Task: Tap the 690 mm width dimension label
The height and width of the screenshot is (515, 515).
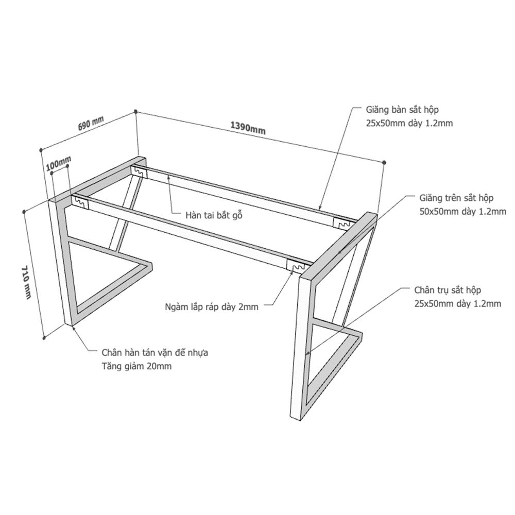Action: (x=91, y=123)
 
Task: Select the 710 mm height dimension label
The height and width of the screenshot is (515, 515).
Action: (x=26, y=282)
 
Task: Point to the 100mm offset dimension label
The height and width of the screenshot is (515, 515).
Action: (x=59, y=164)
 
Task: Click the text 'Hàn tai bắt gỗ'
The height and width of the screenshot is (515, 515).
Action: (x=214, y=215)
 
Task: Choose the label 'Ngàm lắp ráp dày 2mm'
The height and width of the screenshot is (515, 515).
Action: (x=212, y=307)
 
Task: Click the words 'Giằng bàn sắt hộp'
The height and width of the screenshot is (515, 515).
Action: (x=402, y=110)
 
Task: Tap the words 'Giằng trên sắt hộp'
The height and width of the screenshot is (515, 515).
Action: (x=456, y=198)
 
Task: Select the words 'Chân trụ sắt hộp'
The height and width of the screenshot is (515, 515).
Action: (x=448, y=290)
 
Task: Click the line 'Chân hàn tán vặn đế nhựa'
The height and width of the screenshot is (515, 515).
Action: (x=154, y=352)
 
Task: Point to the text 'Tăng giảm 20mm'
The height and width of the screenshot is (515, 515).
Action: (x=136, y=366)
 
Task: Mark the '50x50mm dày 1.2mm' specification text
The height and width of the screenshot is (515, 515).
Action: (x=463, y=212)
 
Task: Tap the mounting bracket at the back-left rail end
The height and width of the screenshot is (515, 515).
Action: (x=139, y=171)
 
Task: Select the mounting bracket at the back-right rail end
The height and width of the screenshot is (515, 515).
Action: (x=344, y=222)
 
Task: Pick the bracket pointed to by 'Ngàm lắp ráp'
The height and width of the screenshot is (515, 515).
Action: (x=298, y=266)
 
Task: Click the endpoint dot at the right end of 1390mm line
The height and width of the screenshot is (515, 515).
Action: (x=384, y=162)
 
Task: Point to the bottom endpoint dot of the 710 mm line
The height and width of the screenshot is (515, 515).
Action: (x=44, y=337)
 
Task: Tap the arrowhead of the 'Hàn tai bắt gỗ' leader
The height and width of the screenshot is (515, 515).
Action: (x=169, y=178)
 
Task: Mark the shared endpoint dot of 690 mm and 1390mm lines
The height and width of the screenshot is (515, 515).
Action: (x=135, y=111)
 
